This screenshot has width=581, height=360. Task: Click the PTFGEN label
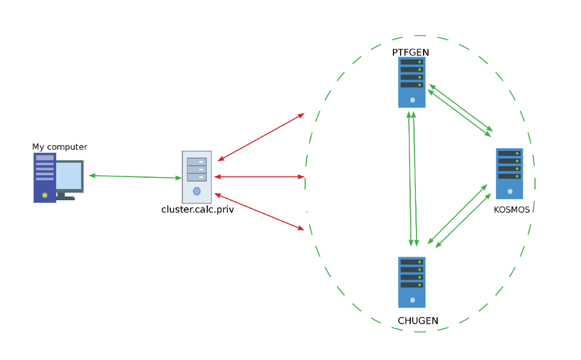pos(411,52)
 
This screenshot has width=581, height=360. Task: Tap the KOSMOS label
pos(512,210)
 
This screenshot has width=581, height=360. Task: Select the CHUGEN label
pos(418,321)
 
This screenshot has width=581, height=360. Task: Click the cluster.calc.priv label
pos(198,210)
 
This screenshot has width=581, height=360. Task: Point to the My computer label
pos(60,147)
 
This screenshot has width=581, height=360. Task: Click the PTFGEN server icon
pos(411,82)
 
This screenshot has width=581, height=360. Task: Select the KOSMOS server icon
pos(509,174)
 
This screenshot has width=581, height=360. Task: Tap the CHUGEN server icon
pos(411,282)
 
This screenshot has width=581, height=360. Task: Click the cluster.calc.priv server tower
pos(196,177)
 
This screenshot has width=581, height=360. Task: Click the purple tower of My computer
pos(45,178)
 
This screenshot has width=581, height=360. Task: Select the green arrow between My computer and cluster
pos(135,176)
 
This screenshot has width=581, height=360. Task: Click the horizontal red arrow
pos(259,176)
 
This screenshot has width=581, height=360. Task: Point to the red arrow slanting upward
pos(261,137)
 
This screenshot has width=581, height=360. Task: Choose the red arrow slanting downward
pos(259,212)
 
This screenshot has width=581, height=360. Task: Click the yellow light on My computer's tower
pos(45,195)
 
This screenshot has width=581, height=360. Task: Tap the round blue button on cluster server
pos(196,191)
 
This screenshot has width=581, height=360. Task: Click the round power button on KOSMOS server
pos(510,191)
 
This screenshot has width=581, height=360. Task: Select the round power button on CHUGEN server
pos(413,300)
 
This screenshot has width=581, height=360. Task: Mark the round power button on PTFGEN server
pos(413,100)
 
